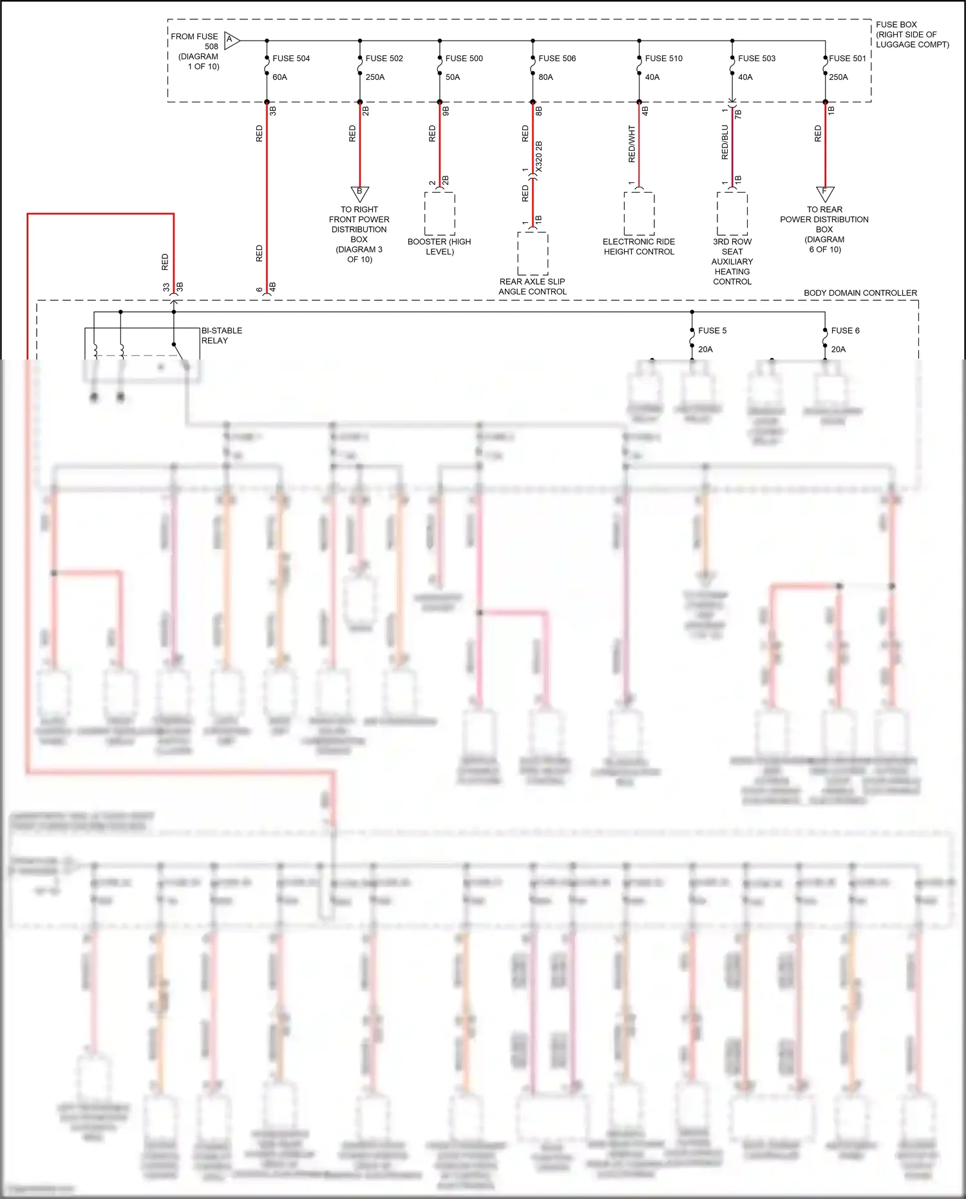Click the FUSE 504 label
(291, 59)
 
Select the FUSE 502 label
(384, 59)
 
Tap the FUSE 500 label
(464, 59)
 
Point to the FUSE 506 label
(557, 59)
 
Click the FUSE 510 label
(663, 59)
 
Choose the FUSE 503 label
(757, 59)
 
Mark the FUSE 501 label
(848, 59)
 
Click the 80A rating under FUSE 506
(545, 77)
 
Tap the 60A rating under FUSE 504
(279, 77)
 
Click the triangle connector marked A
(231, 41)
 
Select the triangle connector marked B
(359, 193)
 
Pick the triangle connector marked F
(825, 193)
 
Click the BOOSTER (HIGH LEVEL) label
(439, 247)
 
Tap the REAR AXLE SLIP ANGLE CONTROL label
(533, 287)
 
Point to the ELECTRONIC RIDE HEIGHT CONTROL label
(639, 247)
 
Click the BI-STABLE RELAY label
(222, 336)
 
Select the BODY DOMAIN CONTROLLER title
(860, 293)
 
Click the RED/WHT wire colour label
(632, 144)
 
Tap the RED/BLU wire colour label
(725, 142)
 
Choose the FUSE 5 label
(712, 331)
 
